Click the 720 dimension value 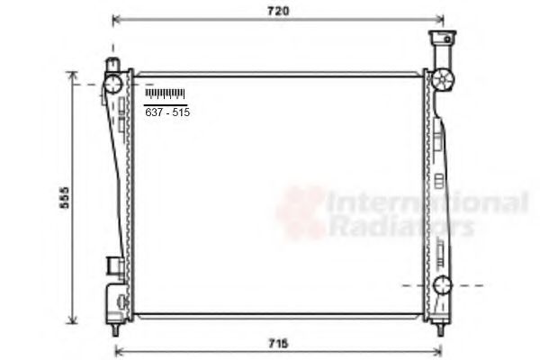pyautogui.click(x=278, y=11)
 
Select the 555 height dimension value pyautogui.click(x=64, y=198)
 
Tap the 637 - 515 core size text pyautogui.click(x=167, y=112)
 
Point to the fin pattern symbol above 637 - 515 pyautogui.click(x=165, y=94)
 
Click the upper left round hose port pyautogui.click(x=113, y=84)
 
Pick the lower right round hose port pyautogui.click(x=441, y=286)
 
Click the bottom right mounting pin pyautogui.click(x=439, y=328)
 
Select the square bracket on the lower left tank pyautogui.click(x=113, y=265)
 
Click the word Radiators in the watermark pyautogui.click(x=400, y=226)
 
